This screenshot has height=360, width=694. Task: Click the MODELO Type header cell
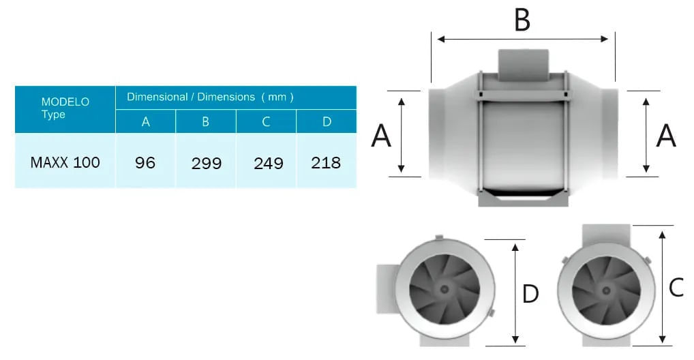[65, 108]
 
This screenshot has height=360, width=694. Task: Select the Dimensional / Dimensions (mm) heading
[210, 97]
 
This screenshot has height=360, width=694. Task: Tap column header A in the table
[145, 121]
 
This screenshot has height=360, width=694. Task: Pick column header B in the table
[205, 121]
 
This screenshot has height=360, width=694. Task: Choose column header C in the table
[266, 121]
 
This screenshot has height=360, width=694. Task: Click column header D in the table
[326, 121]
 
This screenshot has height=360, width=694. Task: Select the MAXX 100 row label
[65, 162]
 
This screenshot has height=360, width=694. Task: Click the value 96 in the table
[145, 162]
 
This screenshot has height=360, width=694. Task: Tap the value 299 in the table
[205, 163]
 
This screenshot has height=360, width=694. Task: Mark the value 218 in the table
[326, 163]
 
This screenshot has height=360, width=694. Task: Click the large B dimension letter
[522, 20]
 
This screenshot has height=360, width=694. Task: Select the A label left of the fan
[381, 136]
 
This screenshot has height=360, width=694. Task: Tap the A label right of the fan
[665, 136]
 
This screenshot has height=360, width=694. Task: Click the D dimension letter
[530, 295]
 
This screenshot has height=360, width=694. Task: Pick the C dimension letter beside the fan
[676, 288]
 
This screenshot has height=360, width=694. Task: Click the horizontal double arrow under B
[522, 40]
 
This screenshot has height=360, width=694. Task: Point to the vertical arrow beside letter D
[515, 293]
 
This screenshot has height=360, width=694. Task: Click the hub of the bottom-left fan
[444, 289]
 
